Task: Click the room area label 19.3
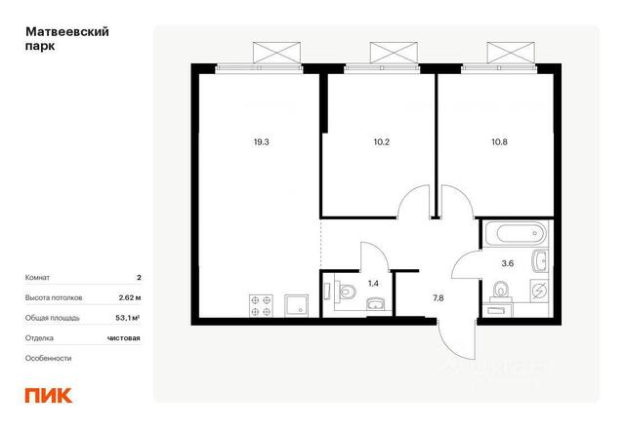[x=261, y=142]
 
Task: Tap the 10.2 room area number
[x=382, y=142]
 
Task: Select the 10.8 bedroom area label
[x=499, y=142]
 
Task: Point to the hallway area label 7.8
[x=438, y=298]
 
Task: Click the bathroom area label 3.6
[x=508, y=263]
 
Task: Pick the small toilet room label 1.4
[x=373, y=284]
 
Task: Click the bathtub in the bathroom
[x=517, y=234]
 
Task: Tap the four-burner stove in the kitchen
[x=261, y=305]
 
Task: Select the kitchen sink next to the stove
[x=296, y=305]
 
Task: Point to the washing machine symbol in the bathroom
[x=539, y=291]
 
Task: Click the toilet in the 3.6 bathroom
[x=500, y=290]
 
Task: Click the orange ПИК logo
[x=49, y=396]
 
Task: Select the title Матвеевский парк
[x=67, y=39]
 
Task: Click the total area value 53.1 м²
[x=128, y=318]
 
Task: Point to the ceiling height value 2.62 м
[x=130, y=297]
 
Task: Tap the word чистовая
[x=124, y=338]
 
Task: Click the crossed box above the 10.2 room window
[x=394, y=53]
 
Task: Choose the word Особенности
[x=48, y=358]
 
